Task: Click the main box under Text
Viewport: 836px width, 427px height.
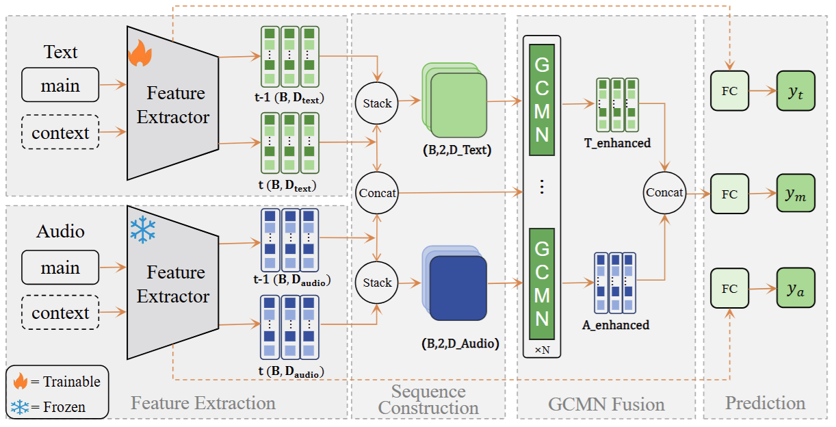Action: (x=60, y=86)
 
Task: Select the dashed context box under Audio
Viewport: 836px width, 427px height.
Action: (x=60, y=313)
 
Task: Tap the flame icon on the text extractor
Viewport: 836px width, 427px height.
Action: (x=140, y=53)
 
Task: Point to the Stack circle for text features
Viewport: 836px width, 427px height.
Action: (x=377, y=103)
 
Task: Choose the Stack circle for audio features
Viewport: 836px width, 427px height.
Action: (x=377, y=283)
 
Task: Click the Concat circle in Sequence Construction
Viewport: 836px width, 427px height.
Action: (x=377, y=193)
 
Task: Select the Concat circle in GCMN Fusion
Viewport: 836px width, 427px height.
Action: (x=665, y=192)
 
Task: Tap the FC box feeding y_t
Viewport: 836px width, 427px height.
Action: (x=730, y=91)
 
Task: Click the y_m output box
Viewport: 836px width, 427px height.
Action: (x=795, y=194)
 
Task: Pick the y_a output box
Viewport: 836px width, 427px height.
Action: (x=795, y=289)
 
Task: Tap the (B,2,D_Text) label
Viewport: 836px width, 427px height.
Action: (x=456, y=151)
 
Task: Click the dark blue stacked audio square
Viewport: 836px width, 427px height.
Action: (x=458, y=288)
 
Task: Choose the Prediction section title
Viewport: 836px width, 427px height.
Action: (x=766, y=402)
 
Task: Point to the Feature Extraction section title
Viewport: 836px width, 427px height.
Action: (x=203, y=402)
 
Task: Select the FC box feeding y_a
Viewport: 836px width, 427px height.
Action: (x=730, y=289)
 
